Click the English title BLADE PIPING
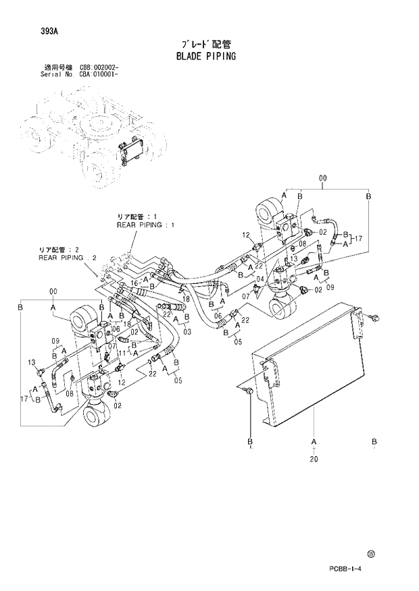203,55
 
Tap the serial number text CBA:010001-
99,75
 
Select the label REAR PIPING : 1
145,225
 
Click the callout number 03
187,331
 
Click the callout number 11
122,352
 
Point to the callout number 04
260,278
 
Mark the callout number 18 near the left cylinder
128,324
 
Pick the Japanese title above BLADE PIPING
202,43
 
